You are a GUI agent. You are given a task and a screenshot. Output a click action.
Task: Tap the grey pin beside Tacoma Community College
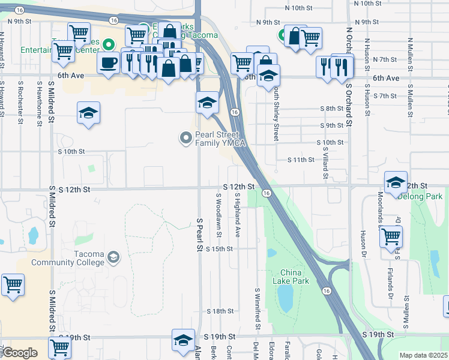pos(112,258)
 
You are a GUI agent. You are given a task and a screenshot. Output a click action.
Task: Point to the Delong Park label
pos(421,196)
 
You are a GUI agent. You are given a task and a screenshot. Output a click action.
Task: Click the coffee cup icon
pos(109,62)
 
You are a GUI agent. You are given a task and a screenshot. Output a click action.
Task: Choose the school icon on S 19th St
pos(182,340)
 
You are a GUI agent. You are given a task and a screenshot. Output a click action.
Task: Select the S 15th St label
pos(219,248)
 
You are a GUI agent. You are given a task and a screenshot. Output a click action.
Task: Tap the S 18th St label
pos(220,311)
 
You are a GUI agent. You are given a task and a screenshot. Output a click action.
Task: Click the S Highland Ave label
pos(238,214)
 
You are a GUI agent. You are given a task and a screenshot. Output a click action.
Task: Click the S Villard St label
pos(325,160)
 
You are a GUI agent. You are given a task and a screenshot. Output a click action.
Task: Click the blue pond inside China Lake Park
pos(285,296)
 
